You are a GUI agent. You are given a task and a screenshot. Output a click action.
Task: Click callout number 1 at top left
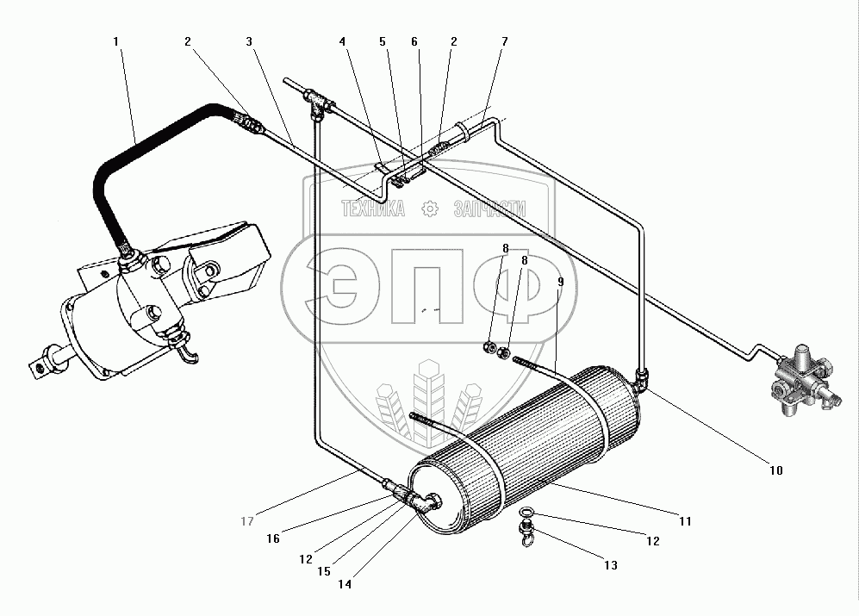click(115, 41)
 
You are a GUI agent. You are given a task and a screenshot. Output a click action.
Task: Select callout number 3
click(249, 41)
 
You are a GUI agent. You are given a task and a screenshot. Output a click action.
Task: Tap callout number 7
click(505, 41)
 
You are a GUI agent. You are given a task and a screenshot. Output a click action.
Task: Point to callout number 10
click(776, 470)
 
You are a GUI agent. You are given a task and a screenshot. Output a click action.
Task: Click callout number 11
click(685, 521)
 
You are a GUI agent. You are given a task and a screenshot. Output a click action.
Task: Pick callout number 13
click(611, 565)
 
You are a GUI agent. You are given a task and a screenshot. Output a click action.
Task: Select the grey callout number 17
click(247, 521)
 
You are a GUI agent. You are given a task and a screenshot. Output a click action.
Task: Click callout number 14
click(345, 584)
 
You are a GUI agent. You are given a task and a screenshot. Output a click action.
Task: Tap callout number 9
click(560, 282)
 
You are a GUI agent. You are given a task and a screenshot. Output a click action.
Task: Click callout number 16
click(273, 538)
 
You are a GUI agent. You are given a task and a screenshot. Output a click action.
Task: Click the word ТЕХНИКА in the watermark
click(374, 208)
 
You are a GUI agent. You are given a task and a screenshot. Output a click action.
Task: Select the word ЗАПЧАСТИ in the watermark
click(489, 208)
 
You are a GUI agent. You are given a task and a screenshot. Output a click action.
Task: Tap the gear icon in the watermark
click(430, 208)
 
